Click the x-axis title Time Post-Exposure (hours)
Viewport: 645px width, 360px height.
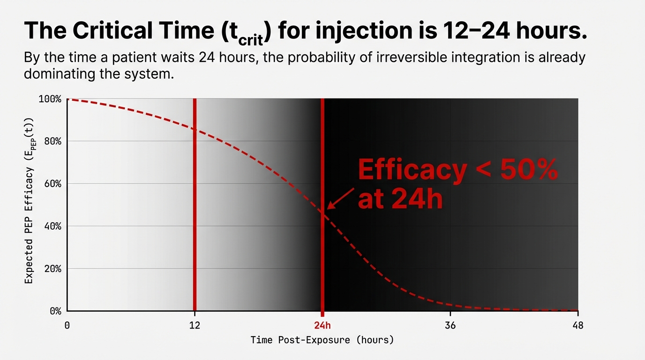pyautogui.click(x=322, y=340)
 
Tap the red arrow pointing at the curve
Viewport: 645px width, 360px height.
pyautogui.click(x=340, y=198)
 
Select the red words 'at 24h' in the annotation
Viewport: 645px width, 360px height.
pyautogui.click(x=400, y=200)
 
